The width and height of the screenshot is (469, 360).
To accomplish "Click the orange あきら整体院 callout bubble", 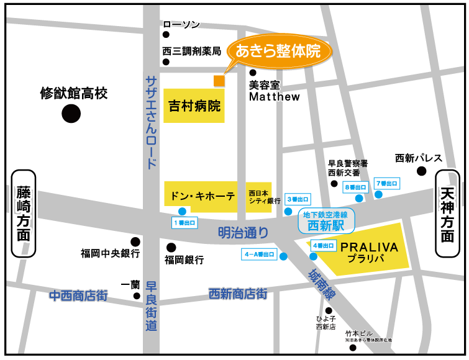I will [278, 51].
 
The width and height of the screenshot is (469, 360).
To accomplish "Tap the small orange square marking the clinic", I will [219, 81].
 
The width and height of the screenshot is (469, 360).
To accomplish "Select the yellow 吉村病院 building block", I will [194, 106].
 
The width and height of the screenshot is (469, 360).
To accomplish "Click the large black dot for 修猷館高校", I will [71, 114].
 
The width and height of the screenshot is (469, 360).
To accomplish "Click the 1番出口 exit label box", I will [184, 222].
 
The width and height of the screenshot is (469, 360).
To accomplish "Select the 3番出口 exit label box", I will [298, 200].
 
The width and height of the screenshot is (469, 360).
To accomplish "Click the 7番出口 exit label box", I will [387, 184].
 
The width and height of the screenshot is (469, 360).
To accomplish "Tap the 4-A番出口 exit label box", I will [258, 254].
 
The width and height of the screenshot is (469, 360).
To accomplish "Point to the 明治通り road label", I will [244, 233].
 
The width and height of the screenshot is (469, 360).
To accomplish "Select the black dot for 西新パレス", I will [422, 171].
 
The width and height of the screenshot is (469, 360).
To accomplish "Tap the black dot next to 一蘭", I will [137, 295].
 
